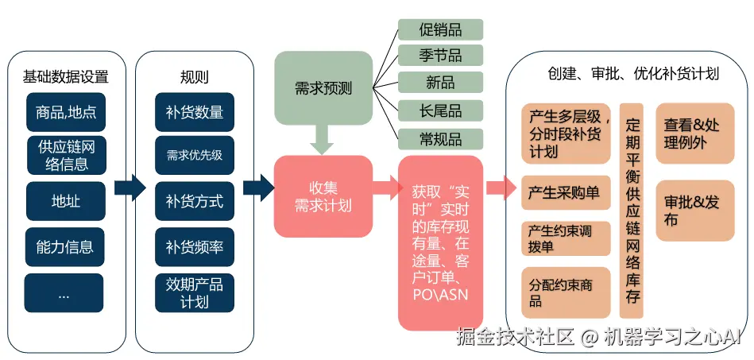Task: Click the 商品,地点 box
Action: click(x=65, y=112)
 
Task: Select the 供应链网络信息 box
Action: click(x=65, y=156)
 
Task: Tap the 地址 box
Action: click(x=65, y=202)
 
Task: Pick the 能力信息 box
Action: click(x=65, y=247)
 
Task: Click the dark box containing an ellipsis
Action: click(x=65, y=293)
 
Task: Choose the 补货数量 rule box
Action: click(x=195, y=112)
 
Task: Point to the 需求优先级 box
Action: click(x=195, y=156)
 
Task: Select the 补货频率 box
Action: click(x=195, y=247)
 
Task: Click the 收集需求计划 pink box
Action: click(x=323, y=196)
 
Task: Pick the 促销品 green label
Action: click(x=440, y=29)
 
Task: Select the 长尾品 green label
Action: click(x=440, y=110)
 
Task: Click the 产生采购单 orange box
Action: click(x=566, y=192)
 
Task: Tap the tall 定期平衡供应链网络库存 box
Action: click(x=632, y=211)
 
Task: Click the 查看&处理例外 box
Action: click(x=694, y=134)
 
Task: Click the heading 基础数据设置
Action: click(x=65, y=77)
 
